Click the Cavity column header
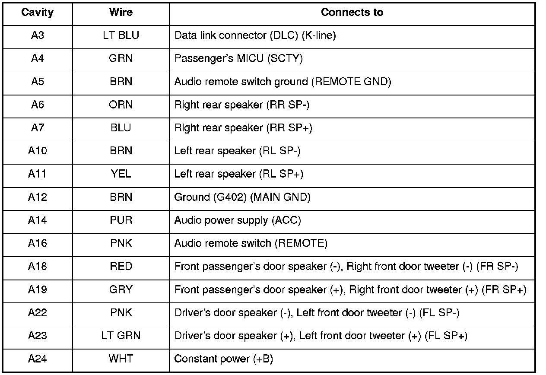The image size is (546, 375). coord(38,12)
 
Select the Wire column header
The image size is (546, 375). coord(121,12)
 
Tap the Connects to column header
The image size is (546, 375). coord(352,12)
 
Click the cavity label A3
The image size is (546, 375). coord(38,35)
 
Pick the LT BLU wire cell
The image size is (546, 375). coord(121,35)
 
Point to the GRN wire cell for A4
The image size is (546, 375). coord(121,58)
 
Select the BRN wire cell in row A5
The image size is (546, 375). coord(121,82)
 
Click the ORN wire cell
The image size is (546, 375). coord(121,105)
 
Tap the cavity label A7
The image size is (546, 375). coord(38,128)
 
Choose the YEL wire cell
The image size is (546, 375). coord(121,174)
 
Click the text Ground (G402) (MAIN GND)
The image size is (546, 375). coord(242,197)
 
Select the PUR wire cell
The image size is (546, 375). coord(121,220)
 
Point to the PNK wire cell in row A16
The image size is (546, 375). coord(121,243)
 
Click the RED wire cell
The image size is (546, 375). coord(121,267)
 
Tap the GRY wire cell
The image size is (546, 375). coord(121,289)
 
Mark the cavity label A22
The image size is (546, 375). coord(38,312)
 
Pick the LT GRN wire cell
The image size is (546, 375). coord(121,336)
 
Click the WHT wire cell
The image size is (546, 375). coord(121,359)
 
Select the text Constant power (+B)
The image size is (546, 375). coord(224,359)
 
